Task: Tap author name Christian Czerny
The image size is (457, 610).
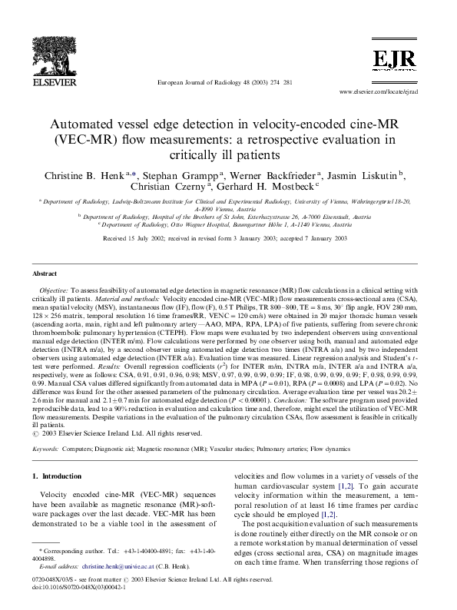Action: [x=182, y=190]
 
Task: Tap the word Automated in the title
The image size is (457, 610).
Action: [x=89, y=124]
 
